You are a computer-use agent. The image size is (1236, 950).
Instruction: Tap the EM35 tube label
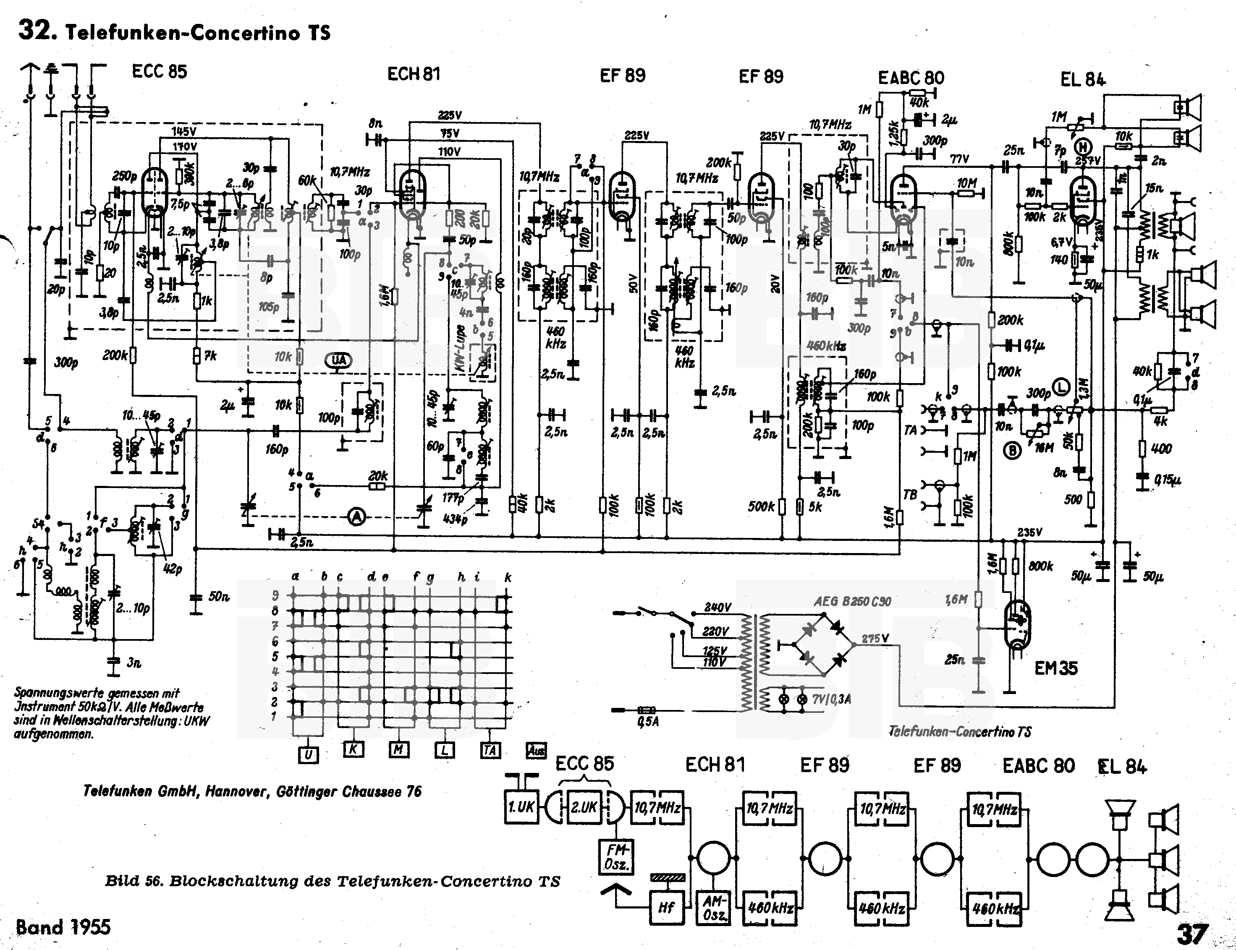[x=1055, y=668]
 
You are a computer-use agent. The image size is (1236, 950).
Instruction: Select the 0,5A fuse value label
[x=648, y=722]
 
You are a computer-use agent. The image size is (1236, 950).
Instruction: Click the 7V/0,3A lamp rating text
[x=832, y=699]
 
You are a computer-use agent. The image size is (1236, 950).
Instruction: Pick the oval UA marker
[x=339, y=360]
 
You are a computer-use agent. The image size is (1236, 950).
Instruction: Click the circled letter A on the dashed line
[x=356, y=516]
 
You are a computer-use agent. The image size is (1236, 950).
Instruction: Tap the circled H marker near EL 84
[x=1083, y=147]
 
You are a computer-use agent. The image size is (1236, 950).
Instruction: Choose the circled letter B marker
[x=1011, y=451]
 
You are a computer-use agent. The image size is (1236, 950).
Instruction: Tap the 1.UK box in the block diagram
[x=521, y=807]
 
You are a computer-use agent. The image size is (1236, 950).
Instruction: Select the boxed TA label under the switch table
[x=490, y=750]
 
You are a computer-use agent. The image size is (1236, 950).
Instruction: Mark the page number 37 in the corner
[x=1192, y=934]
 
